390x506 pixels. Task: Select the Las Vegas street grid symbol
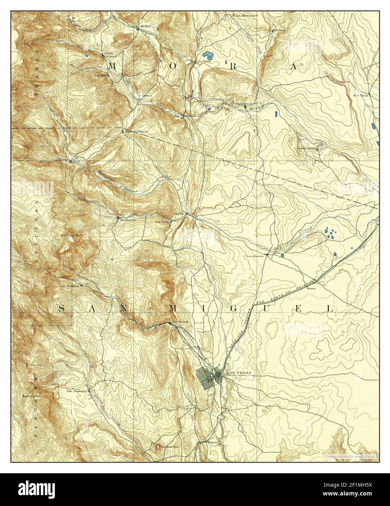(209, 375)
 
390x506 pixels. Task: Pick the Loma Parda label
(306, 148)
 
